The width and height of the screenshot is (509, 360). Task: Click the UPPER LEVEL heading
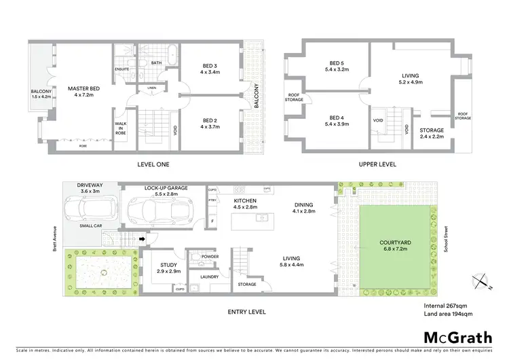(x=378, y=164)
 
